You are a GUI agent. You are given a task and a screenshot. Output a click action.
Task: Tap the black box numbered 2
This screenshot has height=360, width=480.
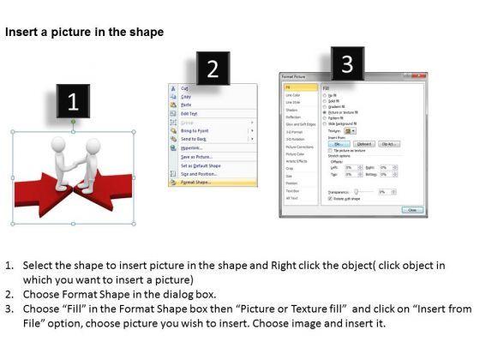pyautogui.click(x=213, y=69)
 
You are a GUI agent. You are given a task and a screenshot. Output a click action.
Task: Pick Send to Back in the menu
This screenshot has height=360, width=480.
pyautogui.click(x=195, y=138)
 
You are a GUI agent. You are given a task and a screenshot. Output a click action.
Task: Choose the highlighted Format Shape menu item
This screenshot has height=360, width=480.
pyautogui.click(x=198, y=183)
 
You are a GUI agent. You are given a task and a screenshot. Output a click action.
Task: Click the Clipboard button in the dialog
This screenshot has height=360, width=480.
pyautogui.click(x=364, y=144)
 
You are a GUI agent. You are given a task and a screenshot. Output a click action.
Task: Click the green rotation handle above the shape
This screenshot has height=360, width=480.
pyautogui.click(x=73, y=121)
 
